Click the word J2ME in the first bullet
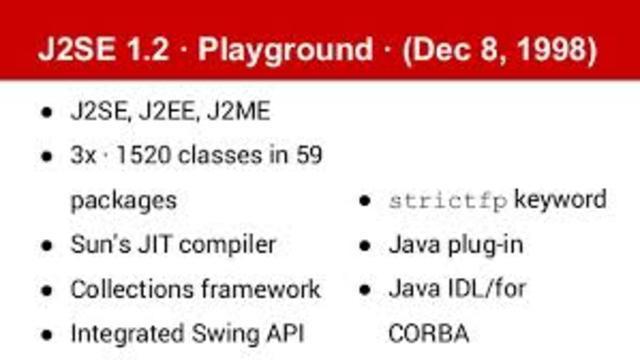[238, 111]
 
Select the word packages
[123, 200]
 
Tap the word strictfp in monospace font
[447, 200]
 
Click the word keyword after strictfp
[560, 199]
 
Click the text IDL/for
[487, 289]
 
